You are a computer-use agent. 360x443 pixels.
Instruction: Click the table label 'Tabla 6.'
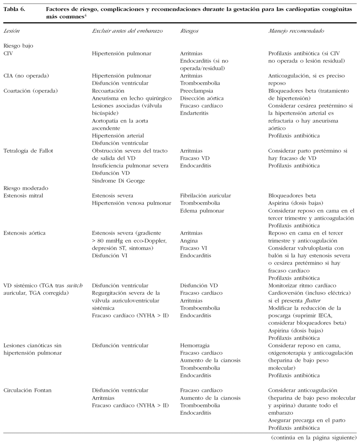(x=14, y=10)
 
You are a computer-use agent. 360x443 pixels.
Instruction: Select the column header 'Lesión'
(x=12, y=31)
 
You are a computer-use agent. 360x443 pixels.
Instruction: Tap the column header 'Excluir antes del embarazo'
(x=127, y=31)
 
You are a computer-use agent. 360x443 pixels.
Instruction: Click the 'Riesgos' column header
(x=189, y=31)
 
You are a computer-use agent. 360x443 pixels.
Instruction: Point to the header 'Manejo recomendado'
(x=296, y=31)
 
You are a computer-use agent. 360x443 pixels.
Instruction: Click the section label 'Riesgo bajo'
(x=18, y=46)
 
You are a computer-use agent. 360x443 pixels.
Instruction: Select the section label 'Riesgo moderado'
(x=26, y=188)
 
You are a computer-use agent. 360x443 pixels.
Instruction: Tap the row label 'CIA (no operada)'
(x=26, y=76)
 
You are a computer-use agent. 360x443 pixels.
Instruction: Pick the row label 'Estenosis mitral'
(x=23, y=196)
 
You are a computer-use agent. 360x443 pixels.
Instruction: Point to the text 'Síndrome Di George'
(x=118, y=181)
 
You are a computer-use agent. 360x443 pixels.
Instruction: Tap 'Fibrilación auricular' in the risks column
(x=206, y=196)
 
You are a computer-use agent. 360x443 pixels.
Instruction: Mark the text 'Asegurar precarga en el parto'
(x=307, y=420)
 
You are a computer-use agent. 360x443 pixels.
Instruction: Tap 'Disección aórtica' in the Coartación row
(x=202, y=98)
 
